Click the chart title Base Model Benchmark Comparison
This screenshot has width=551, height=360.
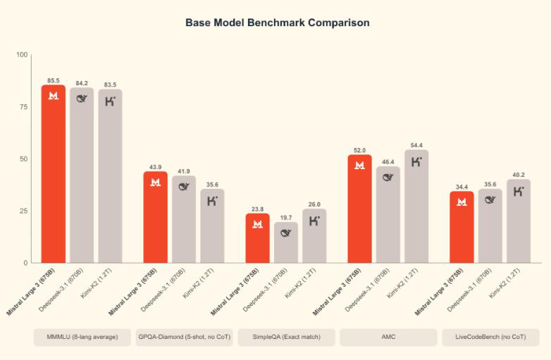click(277, 23)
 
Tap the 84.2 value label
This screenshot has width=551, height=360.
click(82, 82)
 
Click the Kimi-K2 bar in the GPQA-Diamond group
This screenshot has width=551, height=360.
click(212, 225)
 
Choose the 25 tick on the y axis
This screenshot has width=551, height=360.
click(24, 211)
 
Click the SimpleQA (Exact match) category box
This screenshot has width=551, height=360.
click(287, 337)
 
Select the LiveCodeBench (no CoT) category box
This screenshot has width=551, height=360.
click(490, 337)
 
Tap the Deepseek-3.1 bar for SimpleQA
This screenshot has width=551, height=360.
click(286, 242)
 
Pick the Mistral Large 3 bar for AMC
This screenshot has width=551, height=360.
click(359, 209)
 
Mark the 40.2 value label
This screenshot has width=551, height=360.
click(518, 174)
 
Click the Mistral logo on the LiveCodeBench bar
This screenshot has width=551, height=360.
click(462, 202)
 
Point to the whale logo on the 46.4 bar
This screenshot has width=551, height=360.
click(388, 178)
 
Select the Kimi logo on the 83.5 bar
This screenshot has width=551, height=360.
click(111, 101)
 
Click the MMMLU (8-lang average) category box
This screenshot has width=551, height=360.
click(82, 337)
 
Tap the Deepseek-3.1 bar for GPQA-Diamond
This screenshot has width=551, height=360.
click(184, 219)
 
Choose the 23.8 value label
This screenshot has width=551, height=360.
click(257, 209)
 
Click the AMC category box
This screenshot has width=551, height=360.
click(388, 337)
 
